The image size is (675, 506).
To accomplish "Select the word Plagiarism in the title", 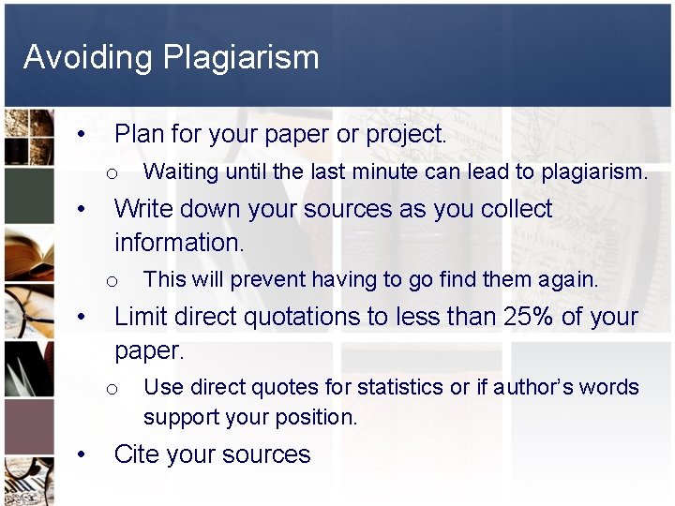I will tap(241, 58).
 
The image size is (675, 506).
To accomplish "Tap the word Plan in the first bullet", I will tap(139, 134).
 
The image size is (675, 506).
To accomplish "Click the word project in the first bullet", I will tap(403, 135).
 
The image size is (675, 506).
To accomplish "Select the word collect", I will tap(517, 208).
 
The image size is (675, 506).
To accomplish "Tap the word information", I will tap(178, 242).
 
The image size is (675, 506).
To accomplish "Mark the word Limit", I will tap(142, 317).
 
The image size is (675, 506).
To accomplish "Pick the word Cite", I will tap(137, 454).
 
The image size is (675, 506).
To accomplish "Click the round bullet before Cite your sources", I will tap(83, 455).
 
